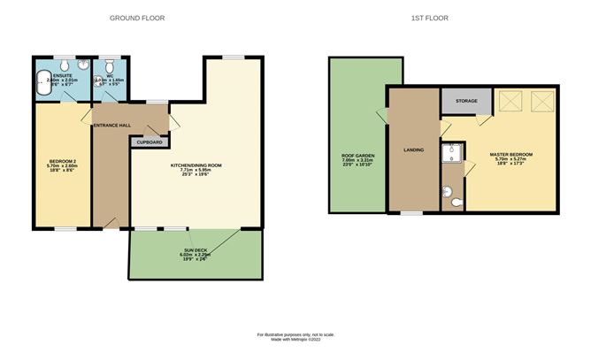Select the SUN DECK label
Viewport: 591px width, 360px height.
tap(195, 250)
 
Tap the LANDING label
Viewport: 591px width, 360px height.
tap(413, 149)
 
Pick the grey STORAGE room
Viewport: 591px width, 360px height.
tap(466, 101)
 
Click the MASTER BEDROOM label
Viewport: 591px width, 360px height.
tap(511, 154)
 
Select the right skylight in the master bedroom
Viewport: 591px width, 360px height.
tap(542, 102)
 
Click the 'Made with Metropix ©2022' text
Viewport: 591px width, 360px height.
tap(295, 341)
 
